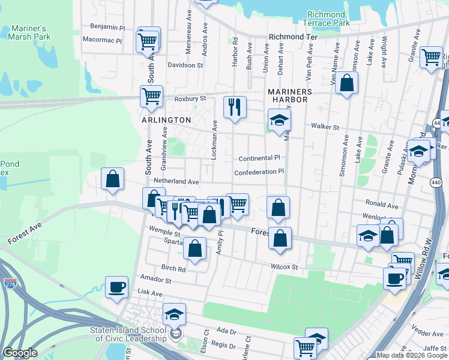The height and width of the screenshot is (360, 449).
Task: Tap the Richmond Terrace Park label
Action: point(328,19)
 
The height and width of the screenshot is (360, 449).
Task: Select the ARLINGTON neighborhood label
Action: point(166,120)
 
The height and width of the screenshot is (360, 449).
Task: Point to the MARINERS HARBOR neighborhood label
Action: point(290,95)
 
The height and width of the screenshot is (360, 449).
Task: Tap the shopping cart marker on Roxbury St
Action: point(152,96)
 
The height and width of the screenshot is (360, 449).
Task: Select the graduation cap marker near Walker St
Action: point(279,121)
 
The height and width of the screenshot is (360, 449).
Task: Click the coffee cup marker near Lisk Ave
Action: point(117,287)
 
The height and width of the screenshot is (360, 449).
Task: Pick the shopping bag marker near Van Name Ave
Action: point(347,83)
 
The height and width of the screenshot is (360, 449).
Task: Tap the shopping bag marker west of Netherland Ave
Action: point(112,179)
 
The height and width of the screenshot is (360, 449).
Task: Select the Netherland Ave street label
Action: point(176,181)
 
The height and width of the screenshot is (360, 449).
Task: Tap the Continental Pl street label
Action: point(260,158)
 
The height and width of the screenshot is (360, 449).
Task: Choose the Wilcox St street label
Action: point(285,266)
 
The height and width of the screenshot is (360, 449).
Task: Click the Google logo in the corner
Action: point(20,353)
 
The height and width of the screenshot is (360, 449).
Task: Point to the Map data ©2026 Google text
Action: point(412,355)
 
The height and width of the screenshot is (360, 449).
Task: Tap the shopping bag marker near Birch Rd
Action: point(195,248)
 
